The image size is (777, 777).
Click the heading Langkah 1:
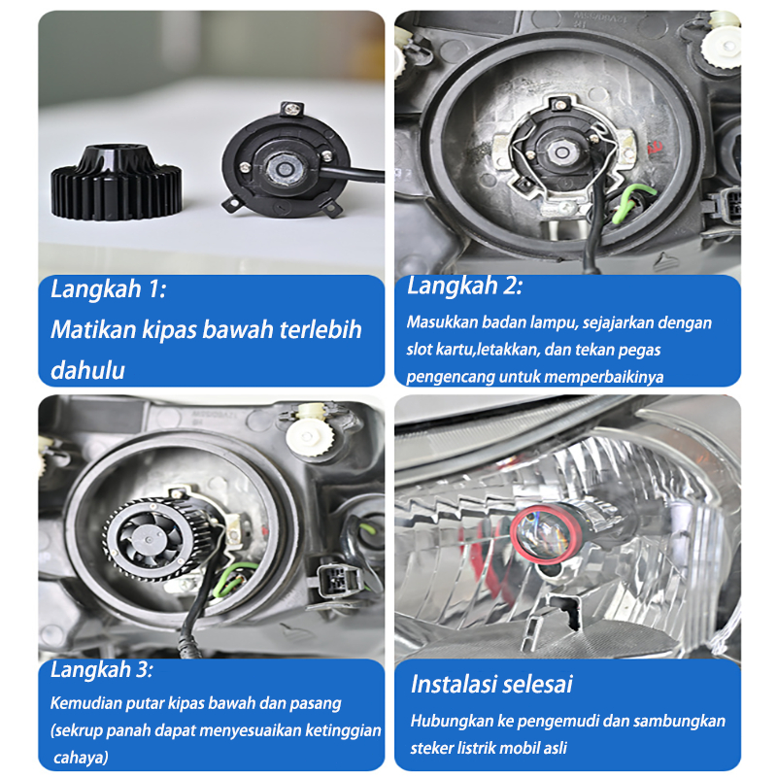tap(109, 288)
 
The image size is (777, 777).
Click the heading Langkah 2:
tap(465, 286)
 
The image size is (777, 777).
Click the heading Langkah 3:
tap(102, 669)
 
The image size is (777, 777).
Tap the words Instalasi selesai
tap(491, 685)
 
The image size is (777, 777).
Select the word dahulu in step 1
tap(87, 370)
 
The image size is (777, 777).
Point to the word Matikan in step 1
tap(93, 329)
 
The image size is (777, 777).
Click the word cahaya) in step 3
tap(81, 758)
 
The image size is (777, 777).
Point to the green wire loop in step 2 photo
tap(632, 202)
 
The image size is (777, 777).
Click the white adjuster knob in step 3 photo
tap(310, 434)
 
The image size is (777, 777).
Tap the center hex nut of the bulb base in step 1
tap(284, 168)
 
